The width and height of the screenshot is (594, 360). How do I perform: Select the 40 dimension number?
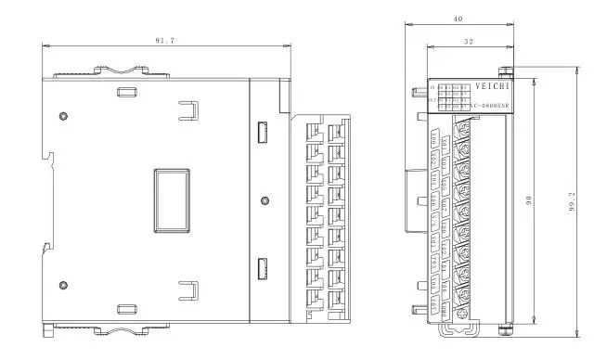point(458,18)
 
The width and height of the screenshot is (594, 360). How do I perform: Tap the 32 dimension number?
point(467,41)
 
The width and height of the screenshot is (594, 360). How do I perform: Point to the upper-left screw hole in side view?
point(63,115)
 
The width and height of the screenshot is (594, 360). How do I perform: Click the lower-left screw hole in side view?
point(63,284)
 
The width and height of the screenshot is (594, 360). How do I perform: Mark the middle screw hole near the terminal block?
point(266,199)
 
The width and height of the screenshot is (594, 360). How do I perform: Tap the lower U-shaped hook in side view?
point(188,289)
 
